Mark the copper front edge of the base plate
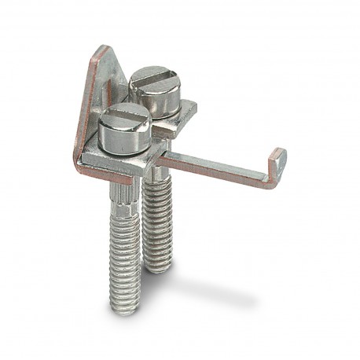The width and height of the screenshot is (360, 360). [118, 174]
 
